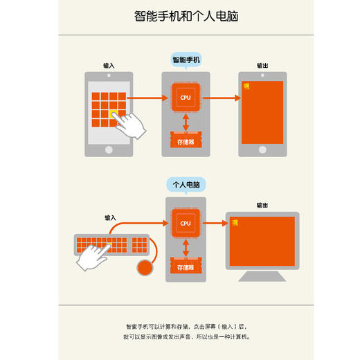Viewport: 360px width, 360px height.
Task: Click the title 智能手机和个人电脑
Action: (x=179, y=16)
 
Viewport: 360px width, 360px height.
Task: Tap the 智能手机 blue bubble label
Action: (x=186, y=60)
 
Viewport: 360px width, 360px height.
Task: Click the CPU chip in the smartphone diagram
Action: (x=186, y=98)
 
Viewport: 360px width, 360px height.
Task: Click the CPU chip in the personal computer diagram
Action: (x=186, y=223)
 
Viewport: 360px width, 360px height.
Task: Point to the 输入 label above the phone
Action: (x=109, y=66)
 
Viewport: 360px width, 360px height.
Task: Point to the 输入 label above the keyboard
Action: (x=111, y=217)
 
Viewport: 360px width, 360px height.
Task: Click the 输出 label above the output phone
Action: (x=262, y=66)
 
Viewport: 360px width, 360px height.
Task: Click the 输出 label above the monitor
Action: (x=262, y=205)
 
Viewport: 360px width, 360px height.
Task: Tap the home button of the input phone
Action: (x=109, y=150)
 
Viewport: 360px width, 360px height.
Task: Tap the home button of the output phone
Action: (x=262, y=150)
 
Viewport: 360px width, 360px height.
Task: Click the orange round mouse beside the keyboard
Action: (x=145, y=267)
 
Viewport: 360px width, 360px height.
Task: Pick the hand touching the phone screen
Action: (x=132, y=125)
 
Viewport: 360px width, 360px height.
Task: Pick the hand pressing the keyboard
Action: (x=93, y=258)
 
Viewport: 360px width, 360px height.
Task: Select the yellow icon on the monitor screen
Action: (x=236, y=222)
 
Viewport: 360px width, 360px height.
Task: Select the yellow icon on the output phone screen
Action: (x=246, y=86)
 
